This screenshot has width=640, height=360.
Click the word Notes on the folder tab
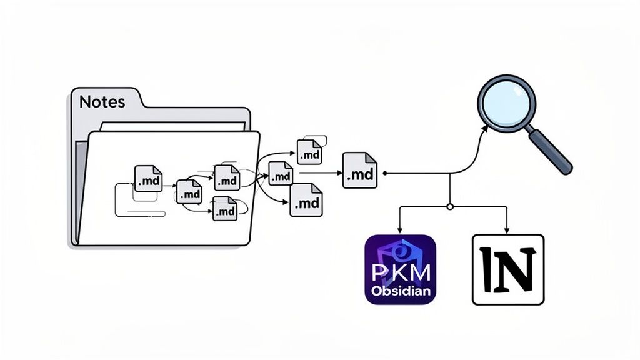click(102, 102)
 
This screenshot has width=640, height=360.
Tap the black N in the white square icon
click(507, 269)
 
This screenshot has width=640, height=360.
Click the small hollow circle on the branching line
click(449, 206)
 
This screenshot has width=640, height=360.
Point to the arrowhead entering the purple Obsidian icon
click(400, 231)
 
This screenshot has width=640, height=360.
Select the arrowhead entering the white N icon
click(507, 231)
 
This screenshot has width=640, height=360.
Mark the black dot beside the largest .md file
click(385, 173)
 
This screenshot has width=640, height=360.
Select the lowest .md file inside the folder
click(224, 209)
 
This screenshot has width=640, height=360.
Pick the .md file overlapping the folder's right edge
click(280, 174)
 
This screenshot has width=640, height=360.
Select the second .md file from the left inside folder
click(189, 191)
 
